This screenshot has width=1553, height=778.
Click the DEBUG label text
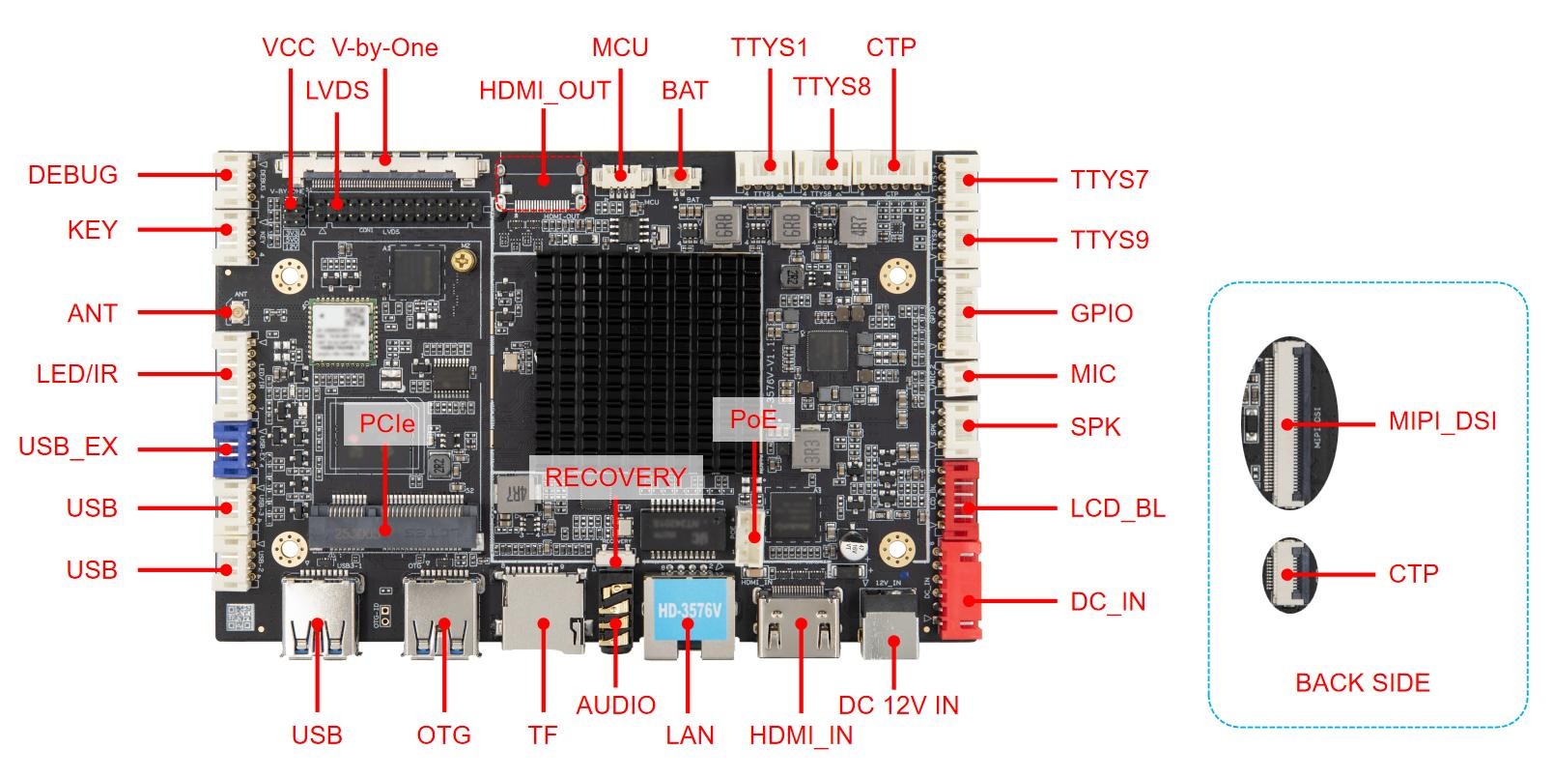pos(72,175)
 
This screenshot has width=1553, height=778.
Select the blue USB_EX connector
pos(231,448)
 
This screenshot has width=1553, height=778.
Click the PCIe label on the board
pos(386,423)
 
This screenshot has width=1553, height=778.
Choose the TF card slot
pos(541,614)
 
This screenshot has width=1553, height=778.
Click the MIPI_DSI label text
pos(1442,421)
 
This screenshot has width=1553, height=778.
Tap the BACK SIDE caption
pos(1362,683)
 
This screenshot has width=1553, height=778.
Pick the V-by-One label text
pos(384,47)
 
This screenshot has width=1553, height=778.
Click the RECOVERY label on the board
pos(615,477)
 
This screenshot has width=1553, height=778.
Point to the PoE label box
pos(752,419)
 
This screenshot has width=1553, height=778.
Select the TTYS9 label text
pos(1109,240)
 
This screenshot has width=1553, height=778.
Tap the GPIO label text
pos(1101,313)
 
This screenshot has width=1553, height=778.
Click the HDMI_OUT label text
pos(545,91)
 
